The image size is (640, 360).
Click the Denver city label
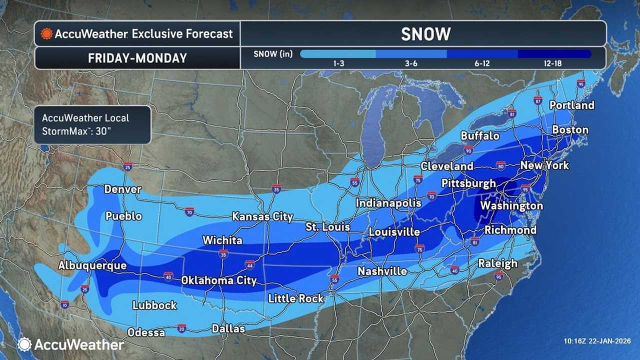coord(122,189)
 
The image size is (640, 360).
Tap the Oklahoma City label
coord(218,280)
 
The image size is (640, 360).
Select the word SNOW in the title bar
coord(425,34)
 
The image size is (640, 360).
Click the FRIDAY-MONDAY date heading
coord(137,58)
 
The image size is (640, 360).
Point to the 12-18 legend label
coord(553,64)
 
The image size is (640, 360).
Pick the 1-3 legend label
coord(338,64)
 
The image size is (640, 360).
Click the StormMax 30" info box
coord(92,124)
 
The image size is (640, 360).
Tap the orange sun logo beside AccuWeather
coord(47,34)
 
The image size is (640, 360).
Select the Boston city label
coord(570,130)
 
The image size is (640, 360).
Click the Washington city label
coord(511,205)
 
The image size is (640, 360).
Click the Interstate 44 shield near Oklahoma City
coord(250,263)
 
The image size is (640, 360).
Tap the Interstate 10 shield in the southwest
coord(65,304)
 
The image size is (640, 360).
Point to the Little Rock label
coord(296,298)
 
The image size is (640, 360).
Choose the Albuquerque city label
coord(92,265)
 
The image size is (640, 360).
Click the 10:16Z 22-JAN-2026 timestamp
coord(596,341)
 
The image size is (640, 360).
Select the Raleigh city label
coord(497,263)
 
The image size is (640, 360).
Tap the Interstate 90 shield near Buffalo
coord(468,149)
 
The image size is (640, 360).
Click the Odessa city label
coord(146,332)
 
